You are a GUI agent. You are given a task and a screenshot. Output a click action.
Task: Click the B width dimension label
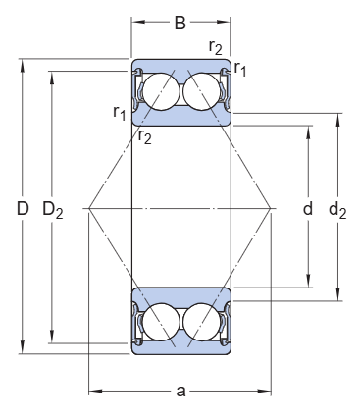pos(180,23)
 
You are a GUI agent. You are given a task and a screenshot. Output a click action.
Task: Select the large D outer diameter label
pos(23,208)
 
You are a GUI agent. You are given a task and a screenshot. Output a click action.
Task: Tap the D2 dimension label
pos(53,210)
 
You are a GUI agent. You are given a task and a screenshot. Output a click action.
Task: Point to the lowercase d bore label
pos(308,208)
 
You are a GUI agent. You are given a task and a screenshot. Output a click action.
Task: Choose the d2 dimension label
pos(337,210)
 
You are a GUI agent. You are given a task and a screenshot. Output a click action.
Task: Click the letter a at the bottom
pos(180,391)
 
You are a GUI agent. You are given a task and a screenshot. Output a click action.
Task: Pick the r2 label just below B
pos(216,47)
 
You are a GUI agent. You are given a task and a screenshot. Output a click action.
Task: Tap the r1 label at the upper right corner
pos(240,69)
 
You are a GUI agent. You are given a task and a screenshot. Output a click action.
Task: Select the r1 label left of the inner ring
pos(119,113)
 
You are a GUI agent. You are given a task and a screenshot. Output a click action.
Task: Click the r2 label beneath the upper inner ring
pos(145,136)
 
